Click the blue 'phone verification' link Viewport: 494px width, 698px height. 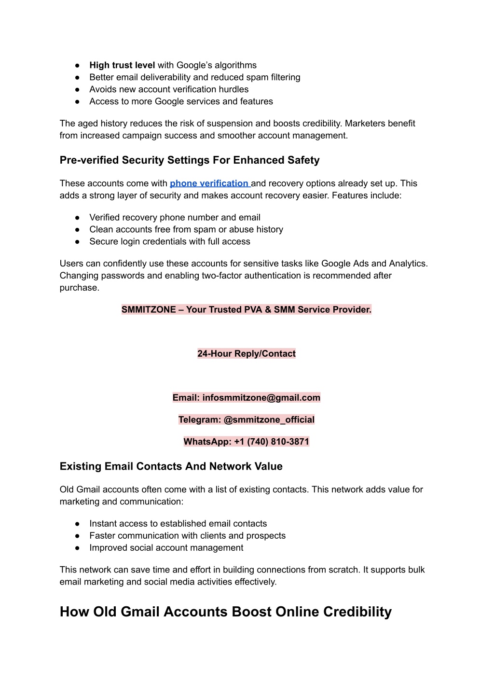(x=209, y=183)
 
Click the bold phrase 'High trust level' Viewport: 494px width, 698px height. (x=122, y=65)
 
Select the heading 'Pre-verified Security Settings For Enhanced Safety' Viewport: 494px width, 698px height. (x=190, y=160)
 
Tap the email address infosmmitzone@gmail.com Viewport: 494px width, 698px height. (x=261, y=398)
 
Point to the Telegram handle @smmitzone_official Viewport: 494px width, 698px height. (x=269, y=419)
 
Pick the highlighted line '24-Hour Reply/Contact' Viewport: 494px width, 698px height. (x=247, y=354)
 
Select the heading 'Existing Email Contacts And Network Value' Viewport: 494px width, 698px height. (x=171, y=466)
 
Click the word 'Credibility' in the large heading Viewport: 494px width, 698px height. (x=357, y=612)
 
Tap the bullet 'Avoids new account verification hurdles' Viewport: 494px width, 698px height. (x=169, y=89)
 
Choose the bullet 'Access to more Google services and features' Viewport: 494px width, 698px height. (x=181, y=101)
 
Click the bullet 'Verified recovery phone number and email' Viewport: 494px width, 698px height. (x=175, y=218)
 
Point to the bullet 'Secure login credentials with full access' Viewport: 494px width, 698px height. (x=170, y=242)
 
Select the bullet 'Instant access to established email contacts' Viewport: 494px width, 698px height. (x=178, y=524)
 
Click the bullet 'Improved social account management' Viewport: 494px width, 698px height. (x=166, y=548)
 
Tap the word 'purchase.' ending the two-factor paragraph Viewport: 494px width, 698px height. (x=79, y=288)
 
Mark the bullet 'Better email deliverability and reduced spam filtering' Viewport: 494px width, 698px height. (x=194, y=77)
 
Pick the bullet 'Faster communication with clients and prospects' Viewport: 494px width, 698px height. (x=187, y=536)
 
